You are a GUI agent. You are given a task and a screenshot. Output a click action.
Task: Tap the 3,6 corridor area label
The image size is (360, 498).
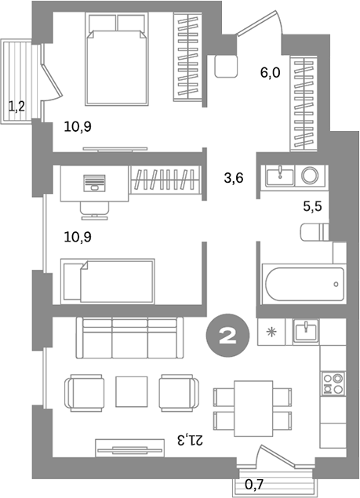click(x=234, y=178)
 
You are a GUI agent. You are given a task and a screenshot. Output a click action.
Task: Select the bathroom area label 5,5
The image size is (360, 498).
click(x=312, y=208)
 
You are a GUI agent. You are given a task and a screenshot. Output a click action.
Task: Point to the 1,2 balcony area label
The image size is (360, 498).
click(x=16, y=106)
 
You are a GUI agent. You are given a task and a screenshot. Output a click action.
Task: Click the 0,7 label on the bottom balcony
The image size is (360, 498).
click(x=254, y=484)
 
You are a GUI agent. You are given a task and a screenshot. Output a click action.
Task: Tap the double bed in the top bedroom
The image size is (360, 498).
click(x=117, y=60)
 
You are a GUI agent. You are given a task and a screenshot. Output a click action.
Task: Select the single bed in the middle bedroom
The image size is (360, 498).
click(x=108, y=281)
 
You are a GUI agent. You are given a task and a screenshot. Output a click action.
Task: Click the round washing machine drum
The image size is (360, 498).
click(x=310, y=175)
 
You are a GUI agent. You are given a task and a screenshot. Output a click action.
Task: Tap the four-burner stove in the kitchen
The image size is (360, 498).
click(x=333, y=383)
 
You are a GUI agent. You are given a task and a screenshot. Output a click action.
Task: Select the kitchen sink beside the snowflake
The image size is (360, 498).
click(x=305, y=332)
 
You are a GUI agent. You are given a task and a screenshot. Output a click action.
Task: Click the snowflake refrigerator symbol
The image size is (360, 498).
click(x=272, y=332)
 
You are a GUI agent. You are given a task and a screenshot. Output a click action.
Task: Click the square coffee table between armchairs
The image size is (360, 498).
click(x=132, y=390)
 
